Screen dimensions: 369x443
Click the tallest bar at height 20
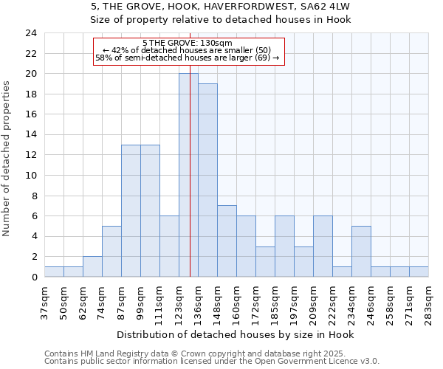(x=188, y=175)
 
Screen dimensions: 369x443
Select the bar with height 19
(x=207, y=180)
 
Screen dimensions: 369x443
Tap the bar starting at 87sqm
(x=131, y=210)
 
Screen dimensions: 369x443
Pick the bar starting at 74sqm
(x=111, y=251)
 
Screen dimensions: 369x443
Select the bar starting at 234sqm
(x=361, y=251)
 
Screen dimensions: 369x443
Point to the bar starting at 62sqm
(x=92, y=266)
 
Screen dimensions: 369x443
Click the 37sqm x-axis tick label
(x=44, y=303)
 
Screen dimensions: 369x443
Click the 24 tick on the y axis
(x=31, y=33)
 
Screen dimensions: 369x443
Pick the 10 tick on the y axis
(x=31, y=176)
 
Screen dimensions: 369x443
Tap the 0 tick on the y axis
(x=34, y=277)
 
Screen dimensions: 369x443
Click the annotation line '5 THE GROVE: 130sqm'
(x=188, y=43)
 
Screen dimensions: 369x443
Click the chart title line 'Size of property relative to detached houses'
(x=221, y=20)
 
